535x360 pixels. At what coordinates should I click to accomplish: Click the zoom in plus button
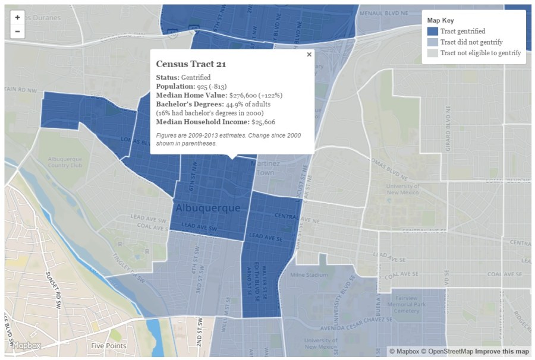[17, 18]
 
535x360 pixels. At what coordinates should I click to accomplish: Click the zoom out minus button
[17, 31]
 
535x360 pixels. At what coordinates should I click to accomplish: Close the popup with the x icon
[309, 55]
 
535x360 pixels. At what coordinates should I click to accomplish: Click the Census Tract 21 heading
[191, 64]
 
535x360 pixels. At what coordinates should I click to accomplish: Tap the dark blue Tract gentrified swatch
[433, 31]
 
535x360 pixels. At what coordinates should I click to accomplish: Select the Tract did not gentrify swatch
[433, 42]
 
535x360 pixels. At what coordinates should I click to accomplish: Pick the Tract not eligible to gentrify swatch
[433, 53]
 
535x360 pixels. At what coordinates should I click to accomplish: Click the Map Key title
[440, 21]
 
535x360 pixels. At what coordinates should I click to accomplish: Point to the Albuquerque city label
[208, 208]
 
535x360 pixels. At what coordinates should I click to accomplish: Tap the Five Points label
[109, 345]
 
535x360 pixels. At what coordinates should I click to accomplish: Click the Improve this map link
[502, 351]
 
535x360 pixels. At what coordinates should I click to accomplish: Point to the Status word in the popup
[167, 77]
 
